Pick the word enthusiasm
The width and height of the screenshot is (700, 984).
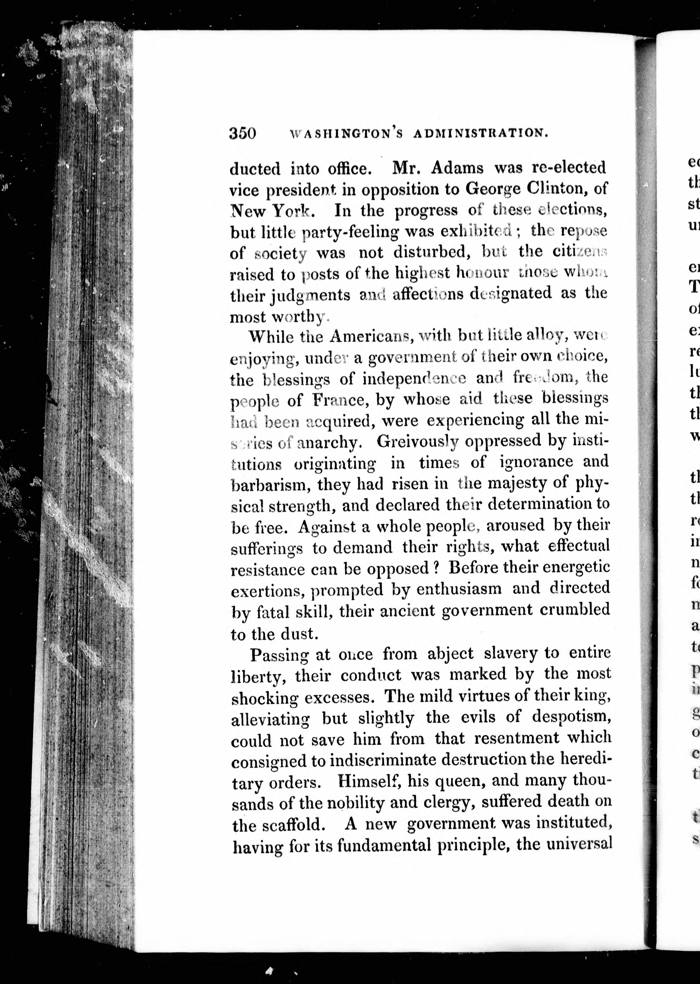pyautogui.click(x=459, y=588)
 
